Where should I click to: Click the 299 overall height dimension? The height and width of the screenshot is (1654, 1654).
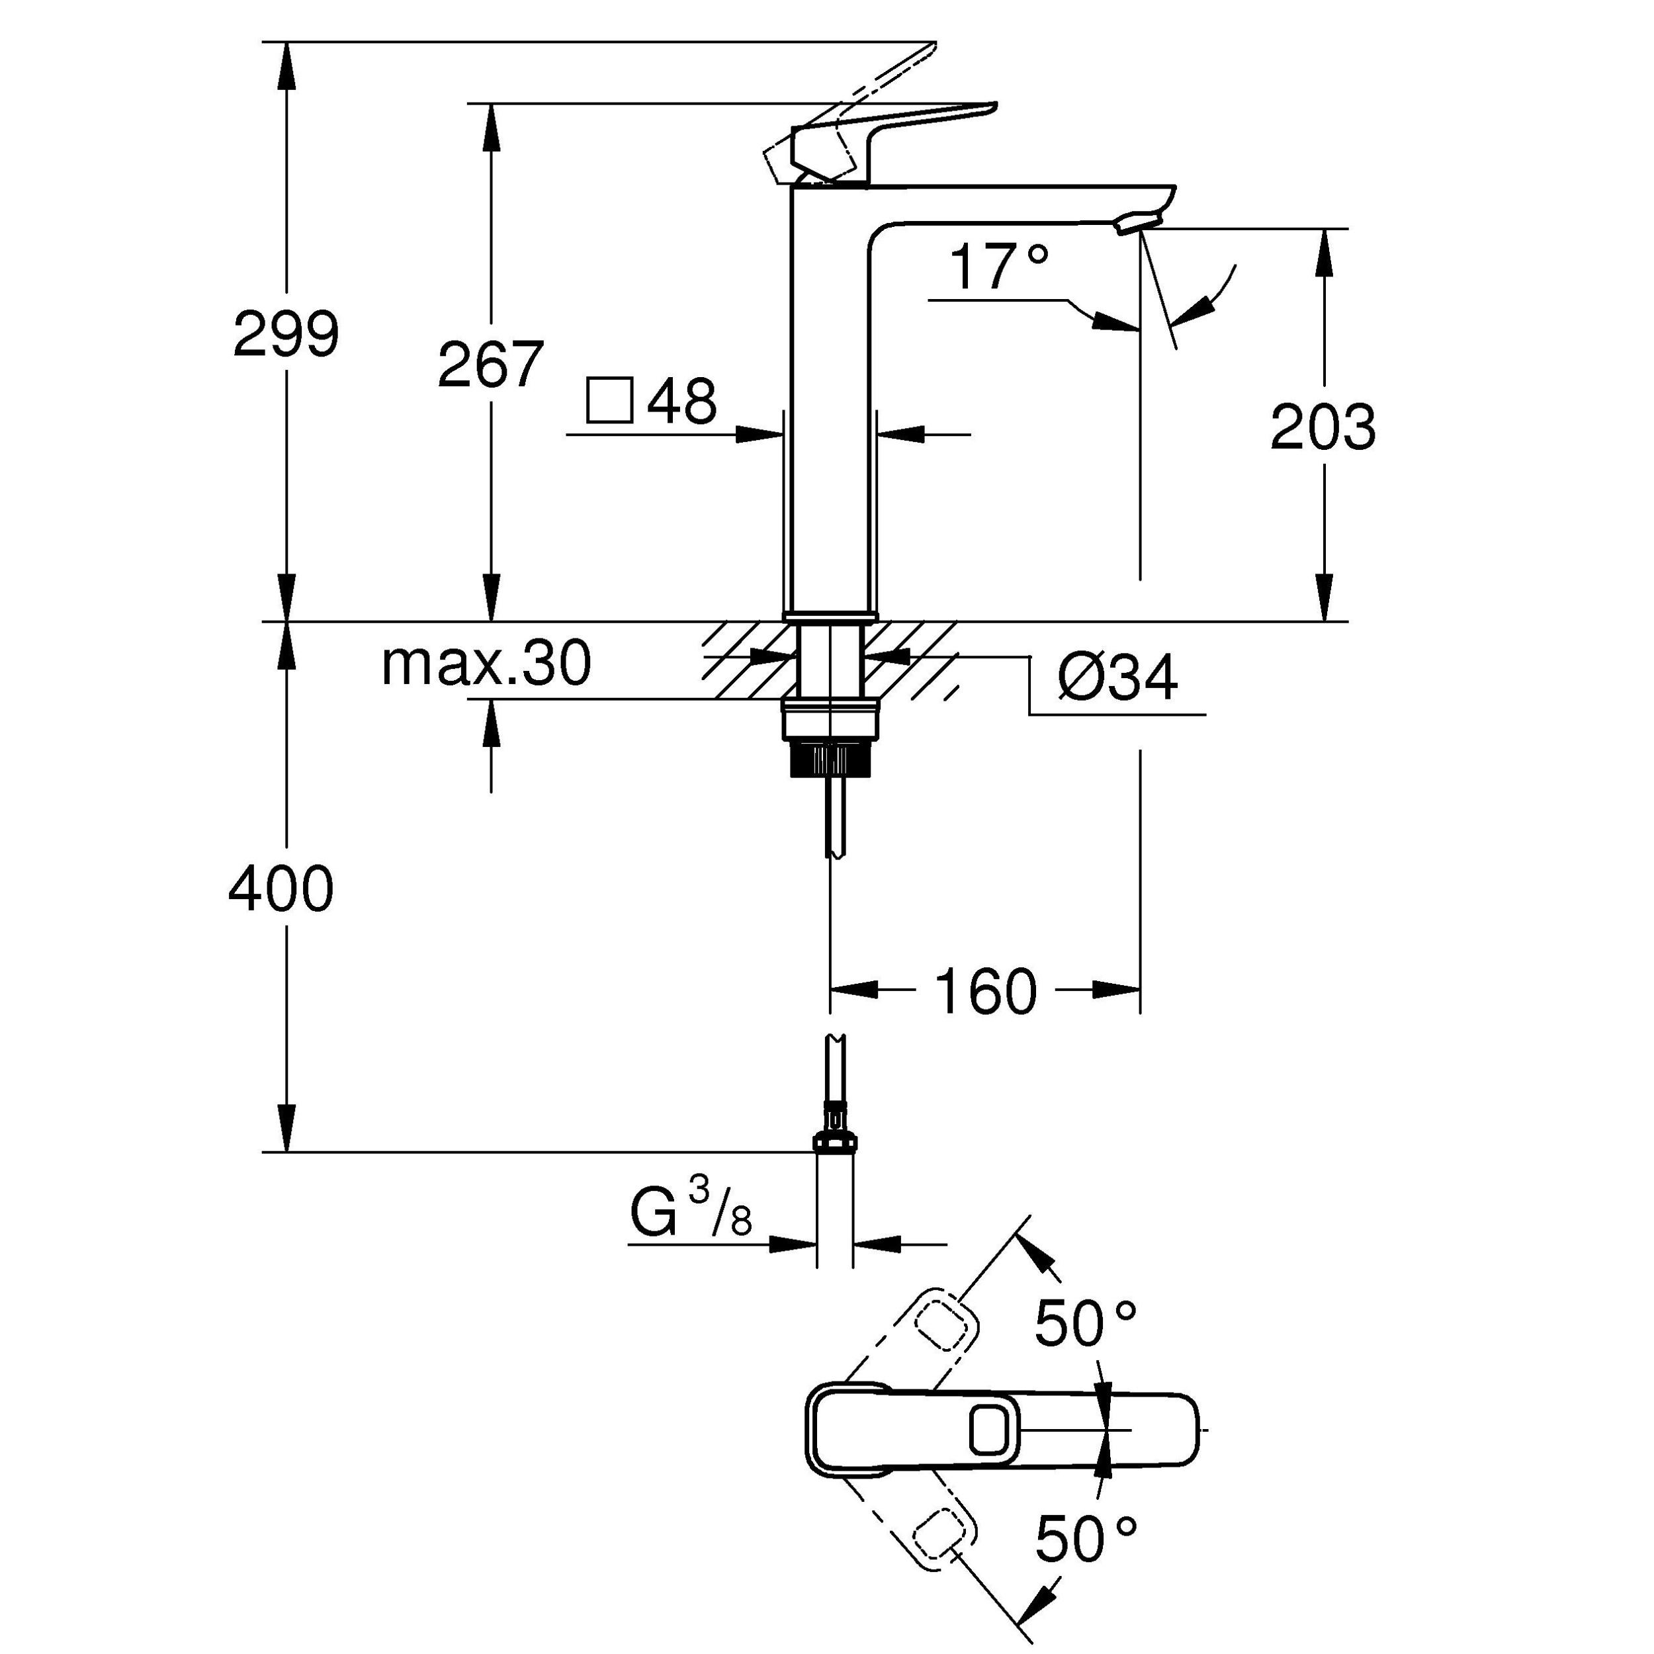[x=286, y=334]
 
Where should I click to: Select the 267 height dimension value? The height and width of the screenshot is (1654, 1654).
[x=490, y=365]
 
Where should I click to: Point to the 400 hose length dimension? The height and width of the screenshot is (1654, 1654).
[x=281, y=889]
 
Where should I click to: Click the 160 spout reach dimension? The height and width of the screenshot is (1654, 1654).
[x=985, y=991]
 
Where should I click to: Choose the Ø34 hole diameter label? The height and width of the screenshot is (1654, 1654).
[x=1117, y=677]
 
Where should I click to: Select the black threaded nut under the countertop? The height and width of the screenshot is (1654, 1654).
[x=830, y=758]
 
